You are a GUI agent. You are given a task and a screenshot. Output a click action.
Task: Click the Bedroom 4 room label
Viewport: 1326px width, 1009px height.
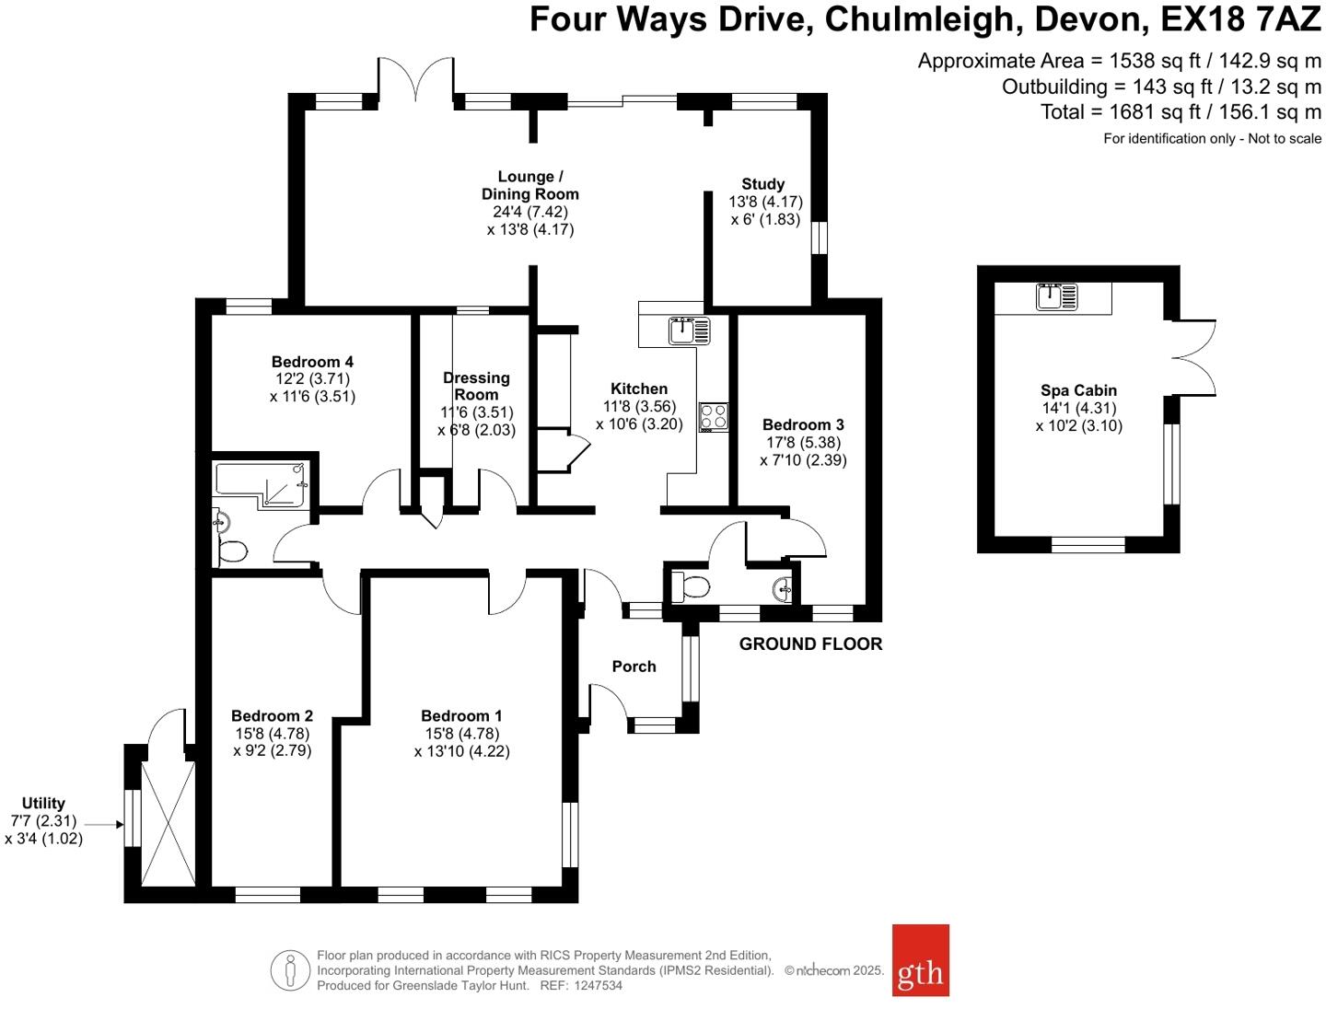coord(312,362)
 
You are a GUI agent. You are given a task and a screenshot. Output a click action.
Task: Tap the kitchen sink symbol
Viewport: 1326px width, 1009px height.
coord(690,330)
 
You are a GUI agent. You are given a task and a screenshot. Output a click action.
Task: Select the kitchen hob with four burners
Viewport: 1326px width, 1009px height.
coord(714,417)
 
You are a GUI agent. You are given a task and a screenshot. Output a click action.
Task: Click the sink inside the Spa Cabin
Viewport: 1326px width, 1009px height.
coord(1056,296)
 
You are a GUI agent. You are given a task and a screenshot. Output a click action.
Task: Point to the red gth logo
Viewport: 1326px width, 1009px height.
coord(920,960)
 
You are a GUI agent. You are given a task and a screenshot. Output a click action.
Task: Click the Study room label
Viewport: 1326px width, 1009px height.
coord(762,184)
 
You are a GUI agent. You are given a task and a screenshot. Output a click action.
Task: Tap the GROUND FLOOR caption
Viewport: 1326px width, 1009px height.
coord(810,644)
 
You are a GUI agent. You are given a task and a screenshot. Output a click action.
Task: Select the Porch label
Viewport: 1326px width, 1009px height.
coord(634,667)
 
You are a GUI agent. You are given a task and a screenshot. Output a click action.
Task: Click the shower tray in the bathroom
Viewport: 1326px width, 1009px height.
coord(262,484)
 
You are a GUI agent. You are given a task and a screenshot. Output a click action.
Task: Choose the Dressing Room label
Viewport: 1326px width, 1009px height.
coord(476,386)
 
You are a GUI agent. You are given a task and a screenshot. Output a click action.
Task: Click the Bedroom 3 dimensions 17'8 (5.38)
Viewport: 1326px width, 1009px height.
coord(802,443)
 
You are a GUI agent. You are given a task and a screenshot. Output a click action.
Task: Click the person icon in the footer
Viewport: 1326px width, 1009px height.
coord(291,970)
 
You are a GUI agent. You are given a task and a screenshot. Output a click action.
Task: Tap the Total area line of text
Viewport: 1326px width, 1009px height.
coord(1181,112)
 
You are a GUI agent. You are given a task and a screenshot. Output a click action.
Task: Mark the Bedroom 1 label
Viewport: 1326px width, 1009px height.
coord(461,716)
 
